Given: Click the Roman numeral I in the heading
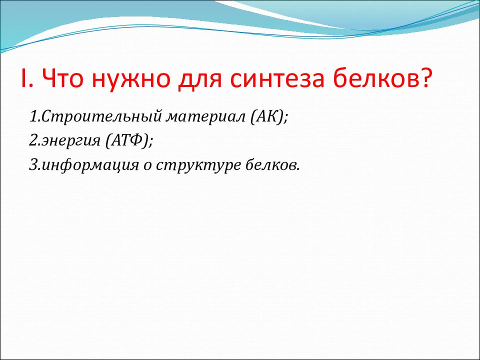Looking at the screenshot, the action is (x=23, y=78).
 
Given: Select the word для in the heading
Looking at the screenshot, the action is (x=199, y=80).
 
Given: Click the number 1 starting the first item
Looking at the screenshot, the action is (x=33, y=116).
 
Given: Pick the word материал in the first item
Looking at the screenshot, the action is (x=205, y=117).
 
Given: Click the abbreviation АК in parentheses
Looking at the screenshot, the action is (x=266, y=116).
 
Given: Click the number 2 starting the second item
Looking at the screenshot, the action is (x=33, y=140).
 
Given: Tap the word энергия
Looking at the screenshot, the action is (x=71, y=141).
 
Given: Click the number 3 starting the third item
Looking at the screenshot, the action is (x=33, y=164).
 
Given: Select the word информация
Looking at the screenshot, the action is (x=90, y=165).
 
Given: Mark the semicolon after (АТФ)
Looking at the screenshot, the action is (x=150, y=141).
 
